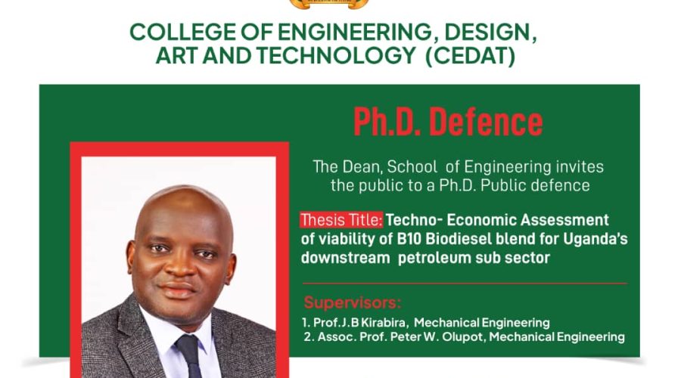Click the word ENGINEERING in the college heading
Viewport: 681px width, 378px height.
[354, 32]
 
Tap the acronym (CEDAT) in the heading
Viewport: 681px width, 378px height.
[471, 55]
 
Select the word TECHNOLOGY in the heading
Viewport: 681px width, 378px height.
[336, 55]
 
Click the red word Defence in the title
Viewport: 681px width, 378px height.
[486, 122]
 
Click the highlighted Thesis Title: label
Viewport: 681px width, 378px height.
[341, 220]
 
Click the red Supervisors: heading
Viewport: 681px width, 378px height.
[352, 302]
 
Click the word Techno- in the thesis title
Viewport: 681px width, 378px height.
[414, 220]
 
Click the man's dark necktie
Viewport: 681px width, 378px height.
[190, 356]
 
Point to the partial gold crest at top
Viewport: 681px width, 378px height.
[329, 5]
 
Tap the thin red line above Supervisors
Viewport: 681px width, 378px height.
[465, 283]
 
